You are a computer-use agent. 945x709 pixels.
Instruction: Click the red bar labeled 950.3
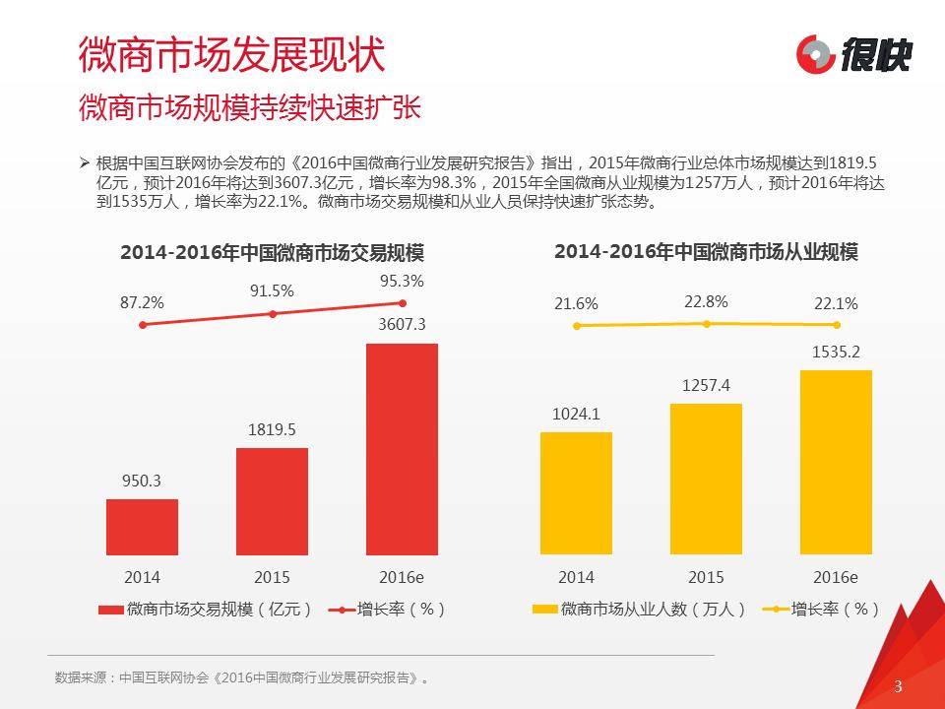pyautogui.click(x=142, y=527)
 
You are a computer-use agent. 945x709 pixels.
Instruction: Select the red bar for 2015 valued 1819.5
pyautogui.click(x=272, y=501)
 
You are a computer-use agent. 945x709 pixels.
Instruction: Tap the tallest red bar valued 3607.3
pyautogui.click(x=402, y=449)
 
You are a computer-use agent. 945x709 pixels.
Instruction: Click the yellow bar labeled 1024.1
pyautogui.click(x=576, y=493)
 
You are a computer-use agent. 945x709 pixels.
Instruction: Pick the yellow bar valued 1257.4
pyautogui.click(x=706, y=480)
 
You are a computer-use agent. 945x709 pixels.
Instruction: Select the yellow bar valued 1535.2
pyautogui.click(x=836, y=463)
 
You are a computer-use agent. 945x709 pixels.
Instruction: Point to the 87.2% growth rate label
pyautogui.click(x=142, y=302)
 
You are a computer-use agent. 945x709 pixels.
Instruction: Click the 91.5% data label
pyautogui.click(x=272, y=290)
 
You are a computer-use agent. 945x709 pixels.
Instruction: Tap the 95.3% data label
pyautogui.click(x=402, y=281)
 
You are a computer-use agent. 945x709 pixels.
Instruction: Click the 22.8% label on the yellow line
pyautogui.click(x=706, y=301)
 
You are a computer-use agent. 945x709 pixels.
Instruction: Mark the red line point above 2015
pyautogui.click(x=273, y=314)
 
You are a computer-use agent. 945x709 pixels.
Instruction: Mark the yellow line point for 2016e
pyautogui.click(x=837, y=324)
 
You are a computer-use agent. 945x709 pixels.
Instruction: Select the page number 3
pyautogui.click(x=897, y=686)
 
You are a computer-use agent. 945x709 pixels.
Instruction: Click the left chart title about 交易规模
pyautogui.click(x=279, y=253)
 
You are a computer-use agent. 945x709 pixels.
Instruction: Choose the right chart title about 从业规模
pyautogui.click(x=706, y=252)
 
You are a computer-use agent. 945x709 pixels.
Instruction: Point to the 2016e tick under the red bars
pyautogui.click(x=402, y=577)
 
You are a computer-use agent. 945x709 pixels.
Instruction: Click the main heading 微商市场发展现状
pyautogui.click(x=230, y=54)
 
